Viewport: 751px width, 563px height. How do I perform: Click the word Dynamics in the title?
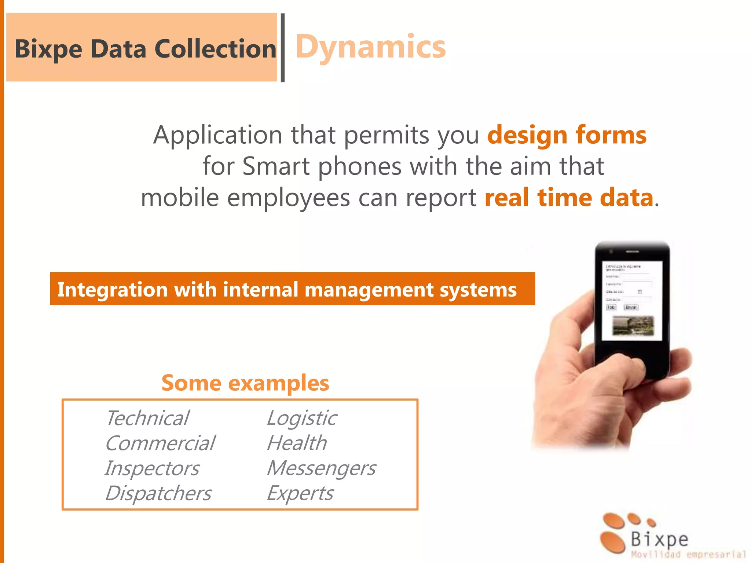[x=370, y=47]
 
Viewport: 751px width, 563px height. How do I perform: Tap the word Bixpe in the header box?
[x=48, y=49]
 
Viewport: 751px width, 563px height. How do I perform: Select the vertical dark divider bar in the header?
[x=283, y=48]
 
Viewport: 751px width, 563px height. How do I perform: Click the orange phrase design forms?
[x=567, y=135]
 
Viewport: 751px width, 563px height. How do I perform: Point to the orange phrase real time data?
[x=569, y=198]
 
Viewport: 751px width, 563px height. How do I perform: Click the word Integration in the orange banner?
[x=111, y=290]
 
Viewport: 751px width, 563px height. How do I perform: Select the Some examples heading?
[x=245, y=383]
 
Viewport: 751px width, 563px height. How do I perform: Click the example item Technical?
[x=147, y=418]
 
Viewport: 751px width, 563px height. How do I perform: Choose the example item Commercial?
[x=160, y=443]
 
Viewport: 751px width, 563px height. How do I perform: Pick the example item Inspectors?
[x=152, y=468]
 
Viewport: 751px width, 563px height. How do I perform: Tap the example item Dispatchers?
[x=158, y=493]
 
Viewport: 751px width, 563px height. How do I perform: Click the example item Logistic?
[x=302, y=418]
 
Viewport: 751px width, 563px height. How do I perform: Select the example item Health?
[x=297, y=443]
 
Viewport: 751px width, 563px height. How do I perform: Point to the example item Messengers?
[x=321, y=468]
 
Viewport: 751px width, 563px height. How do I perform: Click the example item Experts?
[x=300, y=493]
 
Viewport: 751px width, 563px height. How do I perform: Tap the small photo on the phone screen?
[x=633, y=325]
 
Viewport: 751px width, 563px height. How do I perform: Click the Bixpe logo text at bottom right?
[x=659, y=539]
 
